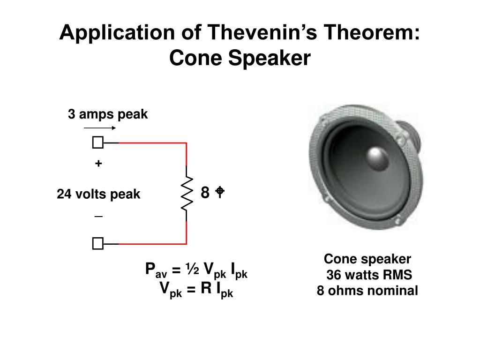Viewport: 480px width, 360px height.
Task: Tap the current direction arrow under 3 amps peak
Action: [99, 127]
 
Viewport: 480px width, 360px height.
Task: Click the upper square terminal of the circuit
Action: [97, 142]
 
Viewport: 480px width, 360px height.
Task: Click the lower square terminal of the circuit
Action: [97, 244]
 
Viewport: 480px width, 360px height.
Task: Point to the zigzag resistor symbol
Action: [187, 193]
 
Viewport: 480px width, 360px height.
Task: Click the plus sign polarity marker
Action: [98, 164]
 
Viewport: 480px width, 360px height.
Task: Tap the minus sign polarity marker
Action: [98, 217]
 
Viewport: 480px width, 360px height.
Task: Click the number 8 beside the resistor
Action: [205, 192]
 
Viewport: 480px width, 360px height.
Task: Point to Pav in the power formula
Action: [153, 270]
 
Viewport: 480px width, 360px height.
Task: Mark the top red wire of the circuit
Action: [152, 142]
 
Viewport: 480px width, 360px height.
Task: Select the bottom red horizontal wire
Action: [152, 244]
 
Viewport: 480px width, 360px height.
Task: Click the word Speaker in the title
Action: [273, 59]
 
